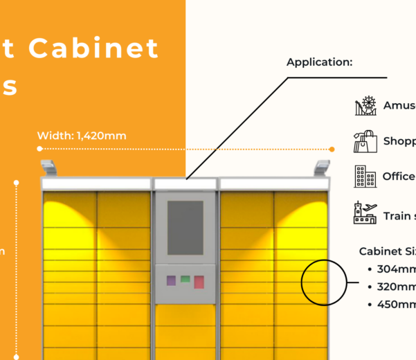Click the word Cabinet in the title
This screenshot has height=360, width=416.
(94, 48)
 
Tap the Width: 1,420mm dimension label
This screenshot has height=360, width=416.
(82, 136)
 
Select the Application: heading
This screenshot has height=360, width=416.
(320, 62)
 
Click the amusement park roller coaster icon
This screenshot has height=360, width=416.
(365, 106)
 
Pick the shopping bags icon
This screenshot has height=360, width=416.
(365, 141)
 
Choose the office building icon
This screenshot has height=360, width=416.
(364, 177)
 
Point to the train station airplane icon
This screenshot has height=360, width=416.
(365, 213)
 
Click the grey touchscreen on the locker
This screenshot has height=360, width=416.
(186, 227)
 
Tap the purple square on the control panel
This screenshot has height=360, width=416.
(171, 281)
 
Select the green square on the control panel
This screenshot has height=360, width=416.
(186, 279)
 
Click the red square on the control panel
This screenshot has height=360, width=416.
(199, 282)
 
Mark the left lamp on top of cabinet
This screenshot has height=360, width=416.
(48, 167)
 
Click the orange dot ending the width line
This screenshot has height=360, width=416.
(332, 149)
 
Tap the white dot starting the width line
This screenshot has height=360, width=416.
(39, 149)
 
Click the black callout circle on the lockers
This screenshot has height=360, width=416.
(324, 282)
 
